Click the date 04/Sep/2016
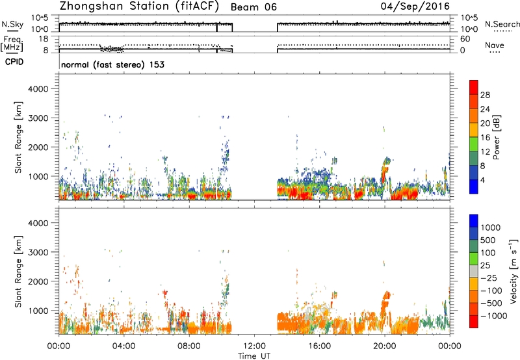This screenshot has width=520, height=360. coord(415,6)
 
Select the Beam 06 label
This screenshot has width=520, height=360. coord(253,7)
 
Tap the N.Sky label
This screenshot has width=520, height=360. coord(12,24)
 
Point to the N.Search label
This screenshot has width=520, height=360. coord(502,24)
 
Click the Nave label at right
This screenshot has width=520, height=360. coord(495,45)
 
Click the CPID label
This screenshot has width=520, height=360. coord(14,62)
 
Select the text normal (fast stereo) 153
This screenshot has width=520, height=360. coord(112,64)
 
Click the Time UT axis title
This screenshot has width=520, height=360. coord(254,355)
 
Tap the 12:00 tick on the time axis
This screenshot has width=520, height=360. coord(254,346)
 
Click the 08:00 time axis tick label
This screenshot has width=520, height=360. coord(189,346)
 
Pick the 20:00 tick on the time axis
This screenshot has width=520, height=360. coord(384,346)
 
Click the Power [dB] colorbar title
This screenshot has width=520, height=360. coord(496,137)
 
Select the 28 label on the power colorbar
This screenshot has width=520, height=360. coord(485,95)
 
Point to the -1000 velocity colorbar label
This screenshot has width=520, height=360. coord(494,316)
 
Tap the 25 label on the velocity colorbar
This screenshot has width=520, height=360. coord(486,265)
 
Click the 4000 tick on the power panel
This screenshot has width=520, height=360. coord(38,89)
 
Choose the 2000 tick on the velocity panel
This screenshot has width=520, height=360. coord(38,281)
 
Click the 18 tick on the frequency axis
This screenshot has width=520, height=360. coord(44,39)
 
